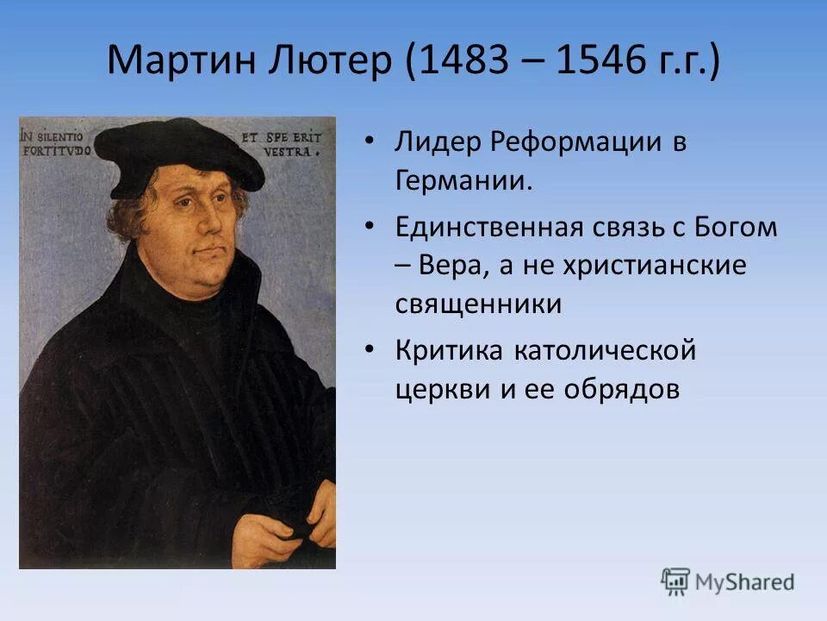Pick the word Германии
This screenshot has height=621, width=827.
(x=464, y=182)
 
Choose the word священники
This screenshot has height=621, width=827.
(x=478, y=304)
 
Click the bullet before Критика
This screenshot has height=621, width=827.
(x=370, y=351)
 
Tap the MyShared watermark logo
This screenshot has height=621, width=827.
(x=727, y=581)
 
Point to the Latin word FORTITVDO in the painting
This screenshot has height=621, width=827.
(x=57, y=149)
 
